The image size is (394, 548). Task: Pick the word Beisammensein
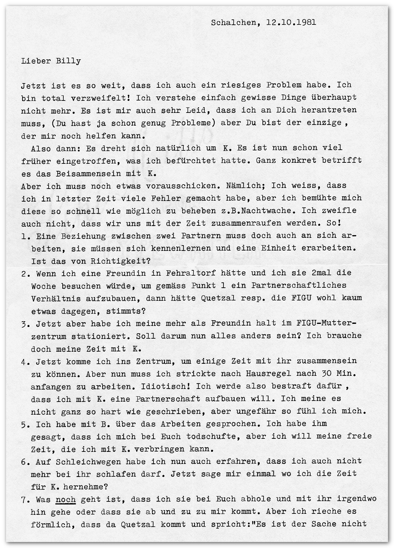click(x=95, y=174)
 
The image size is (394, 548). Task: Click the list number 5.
click(x=23, y=424)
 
